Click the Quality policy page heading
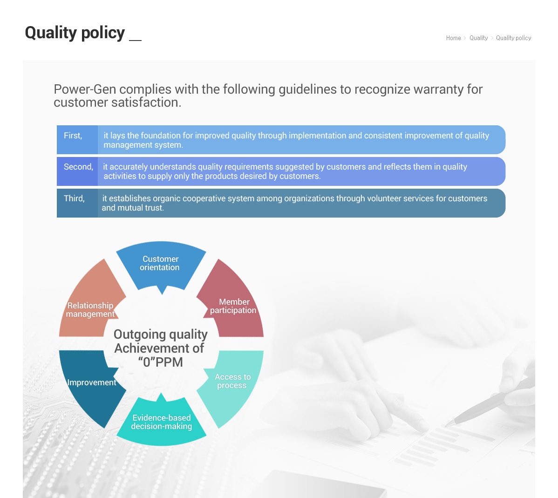(75, 33)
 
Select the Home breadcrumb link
(453, 38)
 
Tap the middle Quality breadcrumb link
(478, 38)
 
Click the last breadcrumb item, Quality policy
(513, 38)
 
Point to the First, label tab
(77, 140)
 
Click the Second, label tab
(77, 171)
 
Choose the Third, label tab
(77, 203)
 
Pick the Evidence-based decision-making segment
(161, 422)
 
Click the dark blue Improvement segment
(91, 384)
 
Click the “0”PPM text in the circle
(161, 362)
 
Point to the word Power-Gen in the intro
(85, 89)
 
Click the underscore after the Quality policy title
(135, 40)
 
